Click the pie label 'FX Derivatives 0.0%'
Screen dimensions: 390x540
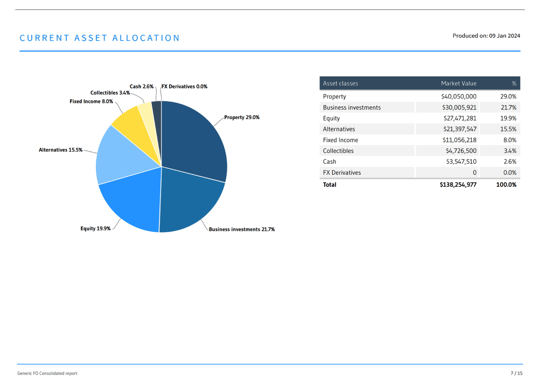(x=184, y=87)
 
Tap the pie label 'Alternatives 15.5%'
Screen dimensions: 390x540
(x=61, y=150)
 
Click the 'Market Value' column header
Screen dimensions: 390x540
(x=459, y=83)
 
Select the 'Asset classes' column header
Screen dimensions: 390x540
(x=341, y=83)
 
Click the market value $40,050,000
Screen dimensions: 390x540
(x=459, y=97)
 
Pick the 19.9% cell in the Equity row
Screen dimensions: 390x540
(x=508, y=118)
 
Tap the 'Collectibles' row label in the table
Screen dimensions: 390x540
(x=338, y=151)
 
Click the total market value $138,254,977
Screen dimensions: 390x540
(x=458, y=185)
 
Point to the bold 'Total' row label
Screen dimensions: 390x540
(x=329, y=185)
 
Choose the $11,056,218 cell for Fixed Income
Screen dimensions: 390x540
(x=459, y=140)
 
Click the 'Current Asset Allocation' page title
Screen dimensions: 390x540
(x=100, y=38)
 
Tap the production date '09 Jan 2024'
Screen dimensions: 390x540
(x=504, y=36)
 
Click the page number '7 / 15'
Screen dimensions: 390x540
(x=516, y=373)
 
